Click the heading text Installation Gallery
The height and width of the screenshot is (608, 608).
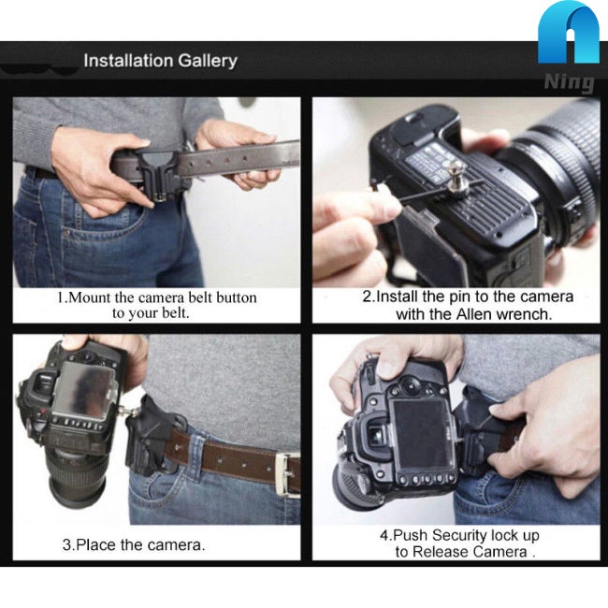160,62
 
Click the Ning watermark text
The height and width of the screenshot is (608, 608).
569,82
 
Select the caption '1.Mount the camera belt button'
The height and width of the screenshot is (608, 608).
156,297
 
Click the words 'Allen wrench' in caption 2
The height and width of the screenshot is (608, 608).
509,314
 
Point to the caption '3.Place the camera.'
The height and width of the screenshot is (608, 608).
134,544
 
